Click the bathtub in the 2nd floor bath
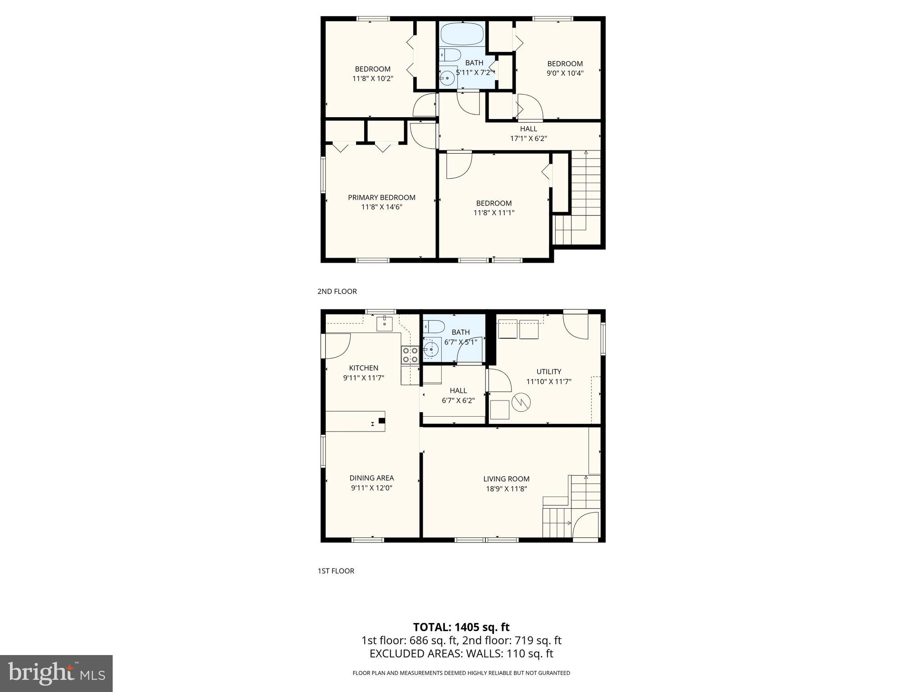coord(462,34)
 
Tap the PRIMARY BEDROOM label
coord(381,197)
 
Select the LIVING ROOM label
coord(506,479)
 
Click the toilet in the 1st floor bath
coord(434,326)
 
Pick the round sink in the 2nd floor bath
coord(448,78)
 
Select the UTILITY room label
coord(548,372)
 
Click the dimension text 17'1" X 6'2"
coord(528,139)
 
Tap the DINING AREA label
coord(371,478)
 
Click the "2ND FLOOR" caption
coord(337,291)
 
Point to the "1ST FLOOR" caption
coord(336,571)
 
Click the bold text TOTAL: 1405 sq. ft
coord(461,627)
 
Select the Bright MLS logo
coord(56,673)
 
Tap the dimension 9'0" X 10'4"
coord(565,73)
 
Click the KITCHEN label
coord(364,368)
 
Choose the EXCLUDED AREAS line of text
coord(461,654)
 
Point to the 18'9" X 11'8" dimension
coord(506,489)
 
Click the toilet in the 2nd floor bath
coord(450,55)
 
